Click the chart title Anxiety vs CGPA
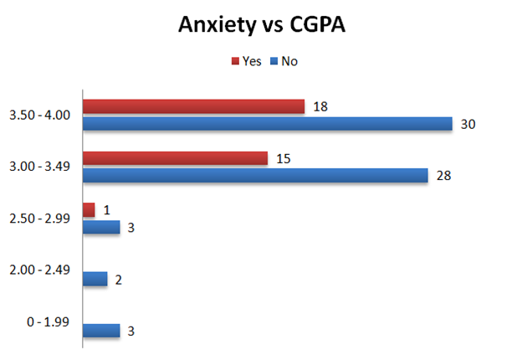pyautogui.click(x=263, y=25)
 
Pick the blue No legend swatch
pyautogui.click(x=273, y=61)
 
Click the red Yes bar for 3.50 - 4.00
pyautogui.click(x=193, y=106)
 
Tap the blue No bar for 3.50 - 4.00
pyautogui.click(x=267, y=124)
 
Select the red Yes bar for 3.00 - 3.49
pyautogui.click(x=175, y=158)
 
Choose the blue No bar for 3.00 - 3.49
pyautogui.click(x=255, y=176)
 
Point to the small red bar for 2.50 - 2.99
pyautogui.click(x=89, y=209)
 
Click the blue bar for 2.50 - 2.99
pyautogui.click(x=101, y=227)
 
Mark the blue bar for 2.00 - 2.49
pyautogui.click(x=95, y=279)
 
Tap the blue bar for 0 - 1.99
pyautogui.click(x=101, y=330)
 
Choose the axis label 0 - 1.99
pyautogui.click(x=52, y=321)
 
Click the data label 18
pyautogui.click(x=320, y=106)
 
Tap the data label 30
pyautogui.click(x=468, y=124)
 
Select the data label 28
pyautogui.click(x=443, y=176)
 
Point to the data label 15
pyautogui.click(x=283, y=158)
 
